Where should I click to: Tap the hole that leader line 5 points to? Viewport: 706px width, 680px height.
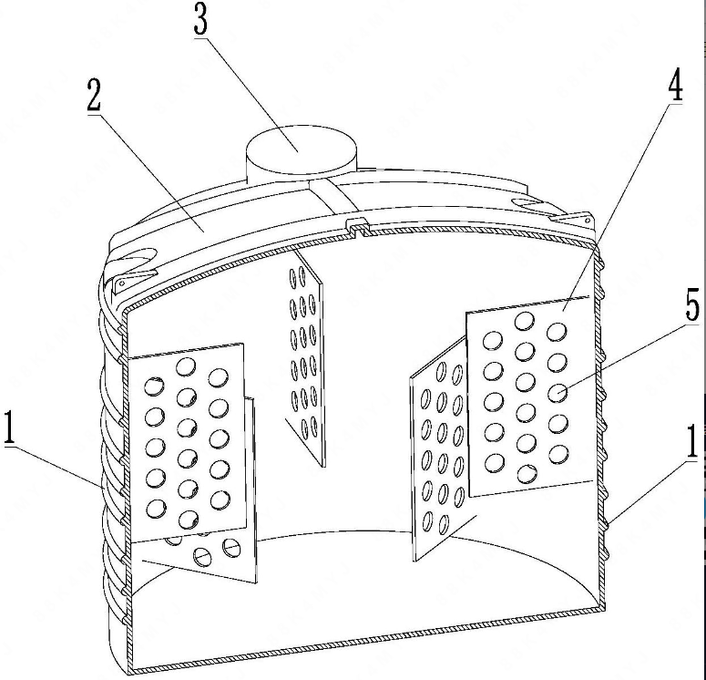(557, 392)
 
